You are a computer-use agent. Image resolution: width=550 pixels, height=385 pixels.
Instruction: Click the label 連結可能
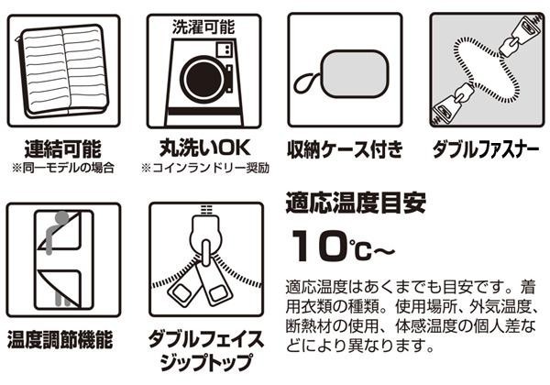(x=63, y=149)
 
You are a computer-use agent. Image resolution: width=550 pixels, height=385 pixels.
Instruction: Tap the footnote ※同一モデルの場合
(x=63, y=168)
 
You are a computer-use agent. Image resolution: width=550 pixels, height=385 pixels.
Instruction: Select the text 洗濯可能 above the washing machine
(x=203, y=27)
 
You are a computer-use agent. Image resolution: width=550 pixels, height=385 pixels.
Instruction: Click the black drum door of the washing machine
(x=204, y=78)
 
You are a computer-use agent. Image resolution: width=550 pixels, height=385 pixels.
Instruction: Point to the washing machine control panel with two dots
(x=225, y=49)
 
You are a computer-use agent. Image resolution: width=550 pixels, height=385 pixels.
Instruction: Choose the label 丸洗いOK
(x=204, y=148)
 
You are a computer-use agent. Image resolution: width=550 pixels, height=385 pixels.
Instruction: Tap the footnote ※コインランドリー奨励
(x=205, y=168)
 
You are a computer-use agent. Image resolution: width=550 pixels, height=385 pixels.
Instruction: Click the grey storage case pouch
(x=356, y=74)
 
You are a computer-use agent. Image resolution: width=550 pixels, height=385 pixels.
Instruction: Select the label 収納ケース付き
(x=345, y=149)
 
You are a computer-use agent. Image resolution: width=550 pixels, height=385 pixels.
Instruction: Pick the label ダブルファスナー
(x=486, y=149)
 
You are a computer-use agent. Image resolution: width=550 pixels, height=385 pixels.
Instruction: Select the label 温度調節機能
(x=60, y=340)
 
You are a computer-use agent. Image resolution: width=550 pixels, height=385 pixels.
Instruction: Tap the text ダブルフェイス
(x=206, y=339)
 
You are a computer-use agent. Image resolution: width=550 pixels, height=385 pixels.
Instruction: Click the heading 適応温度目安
(x=356, y=203)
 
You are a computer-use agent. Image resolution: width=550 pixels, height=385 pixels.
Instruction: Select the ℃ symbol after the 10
(x=360, y=250)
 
